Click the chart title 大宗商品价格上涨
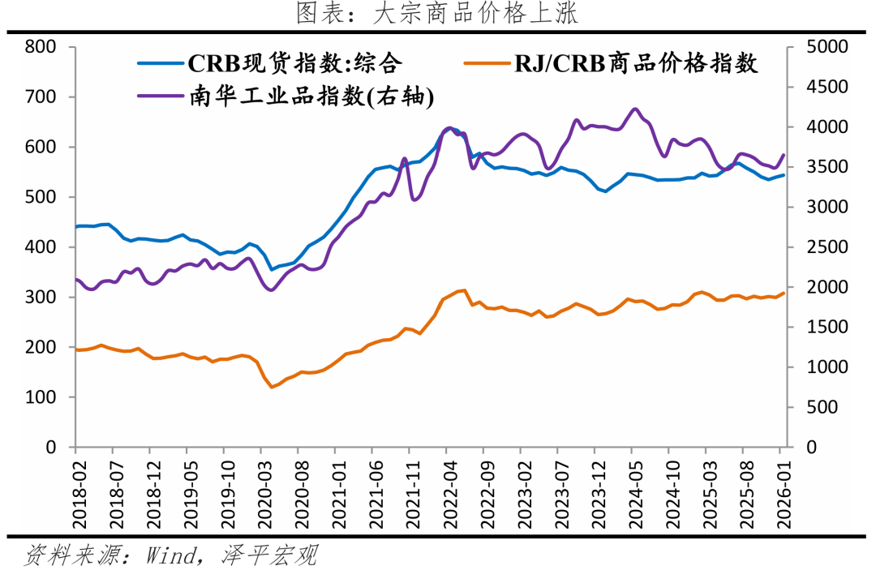point(437,14)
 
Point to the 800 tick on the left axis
point(40,47)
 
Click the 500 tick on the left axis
point(40,197)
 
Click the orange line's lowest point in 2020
point(273,387)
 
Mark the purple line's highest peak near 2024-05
point(635,109)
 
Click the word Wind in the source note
point(175,555)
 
